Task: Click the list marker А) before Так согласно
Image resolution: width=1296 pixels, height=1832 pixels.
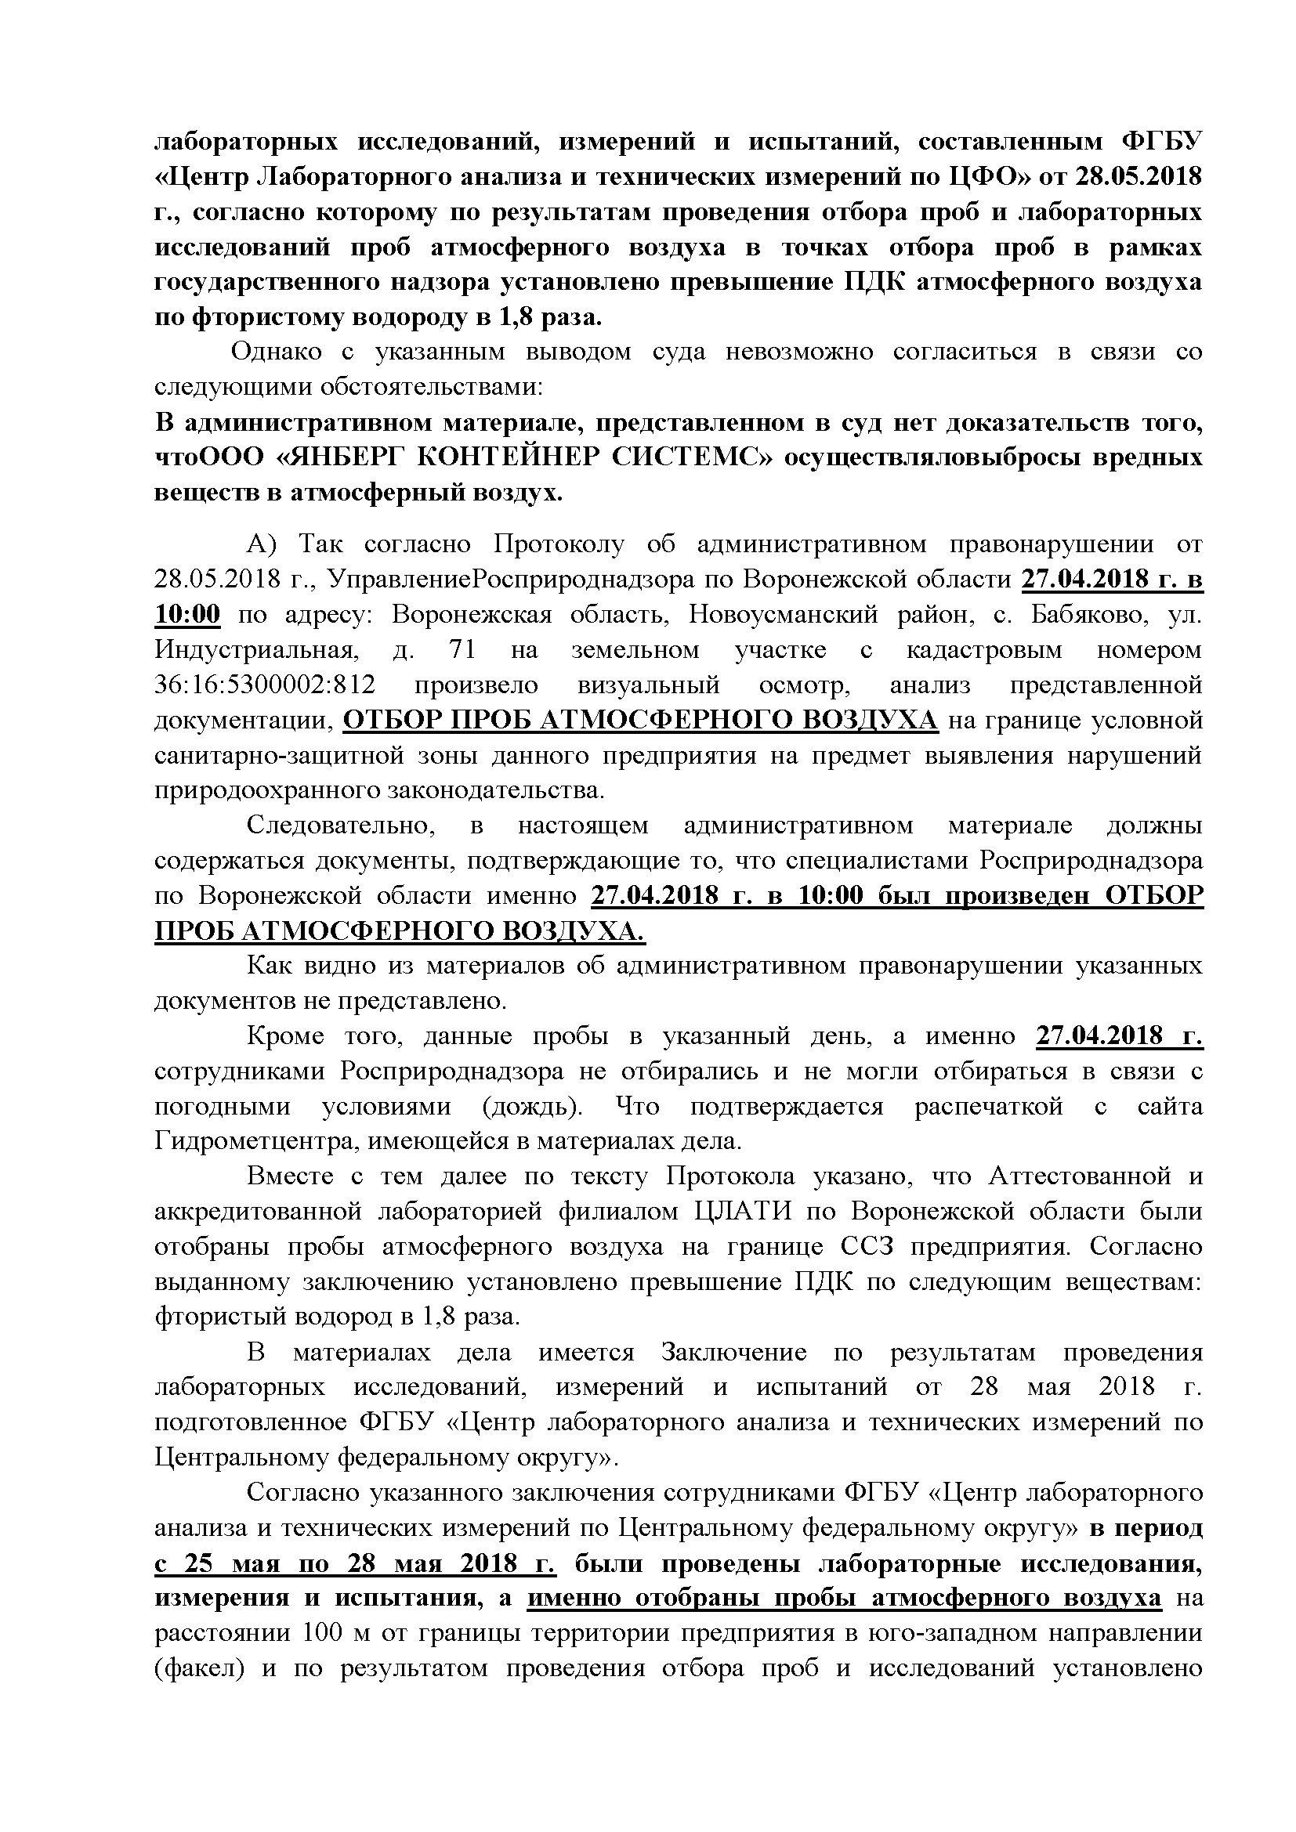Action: pyautogui.click(x=260, y=544)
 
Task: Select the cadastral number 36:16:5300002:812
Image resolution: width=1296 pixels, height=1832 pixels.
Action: pyautogui.click(x=265, y=685)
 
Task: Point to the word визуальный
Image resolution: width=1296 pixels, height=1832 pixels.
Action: pyautogui.click(x=646, y=685)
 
